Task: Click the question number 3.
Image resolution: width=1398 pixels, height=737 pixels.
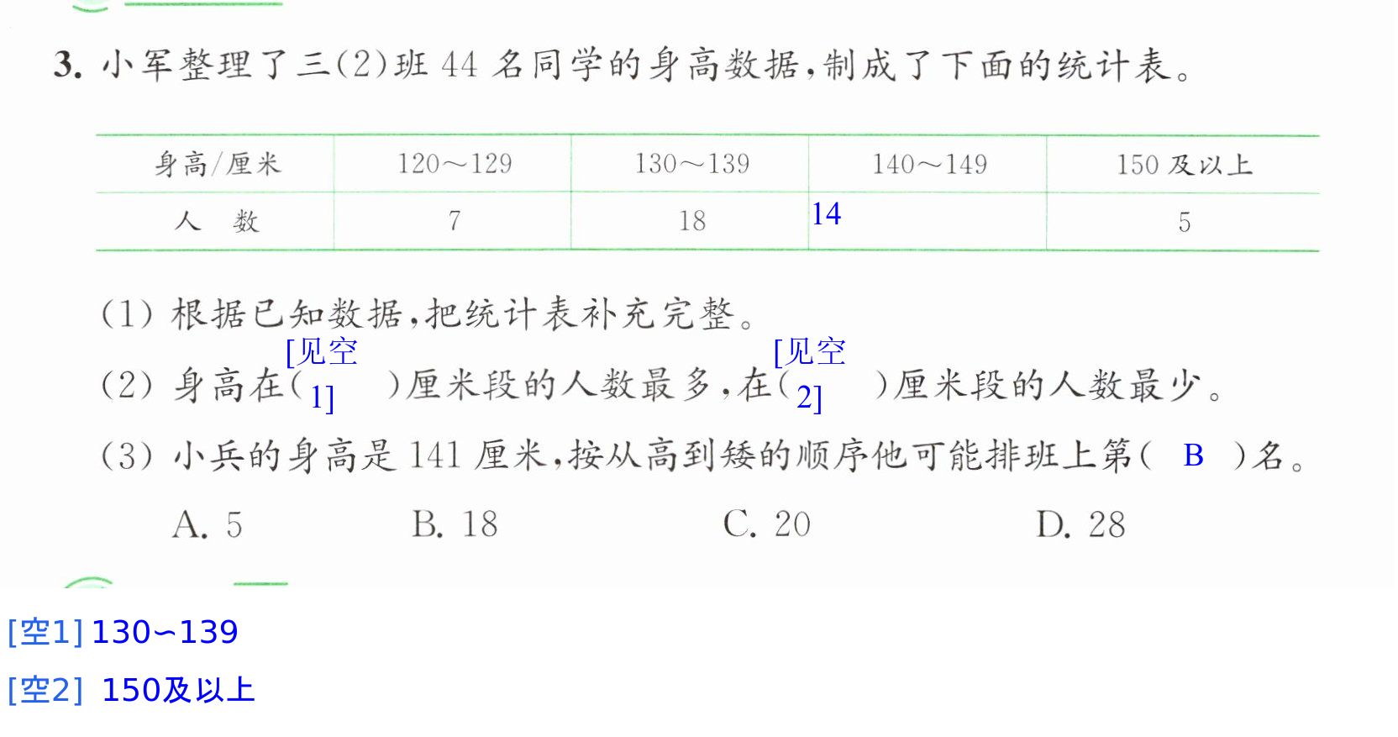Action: [x=67, y=65]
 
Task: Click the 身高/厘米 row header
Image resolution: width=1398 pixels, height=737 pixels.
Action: [x=218, y=165]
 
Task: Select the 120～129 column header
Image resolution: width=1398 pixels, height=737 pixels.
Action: [x=455, y=164]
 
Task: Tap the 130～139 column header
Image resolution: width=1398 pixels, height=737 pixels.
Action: [x=692, y=164]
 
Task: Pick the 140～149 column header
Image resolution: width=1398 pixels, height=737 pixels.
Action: [x=930, y=165]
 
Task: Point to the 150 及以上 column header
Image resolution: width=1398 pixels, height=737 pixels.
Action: [x=1185, y=166]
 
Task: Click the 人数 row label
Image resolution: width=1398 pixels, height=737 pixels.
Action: [x=217, y=222]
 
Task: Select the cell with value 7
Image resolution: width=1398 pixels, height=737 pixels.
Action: [x=455, y=221]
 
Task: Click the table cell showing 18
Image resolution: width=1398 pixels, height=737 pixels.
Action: [x=692, y=221]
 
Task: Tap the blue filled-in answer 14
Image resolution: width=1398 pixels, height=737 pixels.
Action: [x=827, y=214]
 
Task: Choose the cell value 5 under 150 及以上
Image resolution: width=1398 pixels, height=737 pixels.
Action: [x=1185, y=222]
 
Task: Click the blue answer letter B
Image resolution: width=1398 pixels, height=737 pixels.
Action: [x=1193, y=455]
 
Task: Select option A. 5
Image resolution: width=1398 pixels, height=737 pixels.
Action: [x=208, y=525]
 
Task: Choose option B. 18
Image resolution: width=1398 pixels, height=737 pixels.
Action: [x=455, y=524]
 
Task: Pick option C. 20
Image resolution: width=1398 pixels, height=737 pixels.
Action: [x=766, y=524]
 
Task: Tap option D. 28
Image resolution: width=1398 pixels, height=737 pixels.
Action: [x=1081, y=525]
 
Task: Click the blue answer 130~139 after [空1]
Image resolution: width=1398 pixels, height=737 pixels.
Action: [x=165, y=632]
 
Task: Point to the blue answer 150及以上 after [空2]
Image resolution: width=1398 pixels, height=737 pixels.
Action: [x=178, y=690]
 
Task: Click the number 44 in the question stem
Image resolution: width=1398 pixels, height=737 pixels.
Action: [x=460, y=65]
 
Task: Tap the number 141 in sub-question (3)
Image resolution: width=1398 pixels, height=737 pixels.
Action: [x=435, y=455]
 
